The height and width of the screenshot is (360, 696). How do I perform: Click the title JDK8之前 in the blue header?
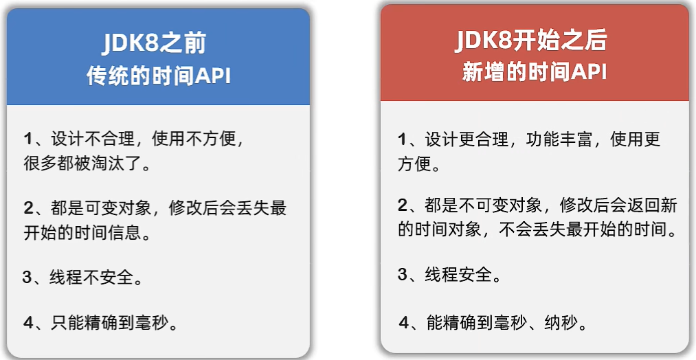tap(154, 43)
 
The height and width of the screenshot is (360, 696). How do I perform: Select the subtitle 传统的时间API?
tap(159, 76)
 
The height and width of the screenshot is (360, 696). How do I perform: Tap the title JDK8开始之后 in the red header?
tap(531, 41)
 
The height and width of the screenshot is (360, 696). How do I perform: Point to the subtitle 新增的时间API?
tap(535, 72)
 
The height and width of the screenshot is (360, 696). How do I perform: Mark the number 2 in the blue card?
tap(28, 207)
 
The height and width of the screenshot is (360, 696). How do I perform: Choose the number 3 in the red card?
tap(402, 275)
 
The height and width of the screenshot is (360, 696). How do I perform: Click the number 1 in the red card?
tap(402, 139)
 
